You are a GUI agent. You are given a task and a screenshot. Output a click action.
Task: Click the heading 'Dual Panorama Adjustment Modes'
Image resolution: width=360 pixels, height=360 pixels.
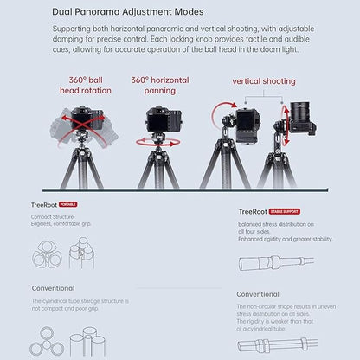coord(116,12)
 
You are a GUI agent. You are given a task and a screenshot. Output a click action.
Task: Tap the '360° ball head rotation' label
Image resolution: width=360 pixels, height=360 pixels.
coord(84,86)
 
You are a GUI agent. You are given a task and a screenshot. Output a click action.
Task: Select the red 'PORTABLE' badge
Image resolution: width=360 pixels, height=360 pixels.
coord(67,204)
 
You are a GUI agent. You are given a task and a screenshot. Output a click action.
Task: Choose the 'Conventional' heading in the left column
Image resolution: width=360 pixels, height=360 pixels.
coord(53,288)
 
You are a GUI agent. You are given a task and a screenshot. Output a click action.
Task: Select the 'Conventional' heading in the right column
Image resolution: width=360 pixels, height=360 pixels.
coord(258,294)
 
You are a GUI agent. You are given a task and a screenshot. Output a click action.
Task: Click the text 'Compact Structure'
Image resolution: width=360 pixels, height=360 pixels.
coord(50,216)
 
